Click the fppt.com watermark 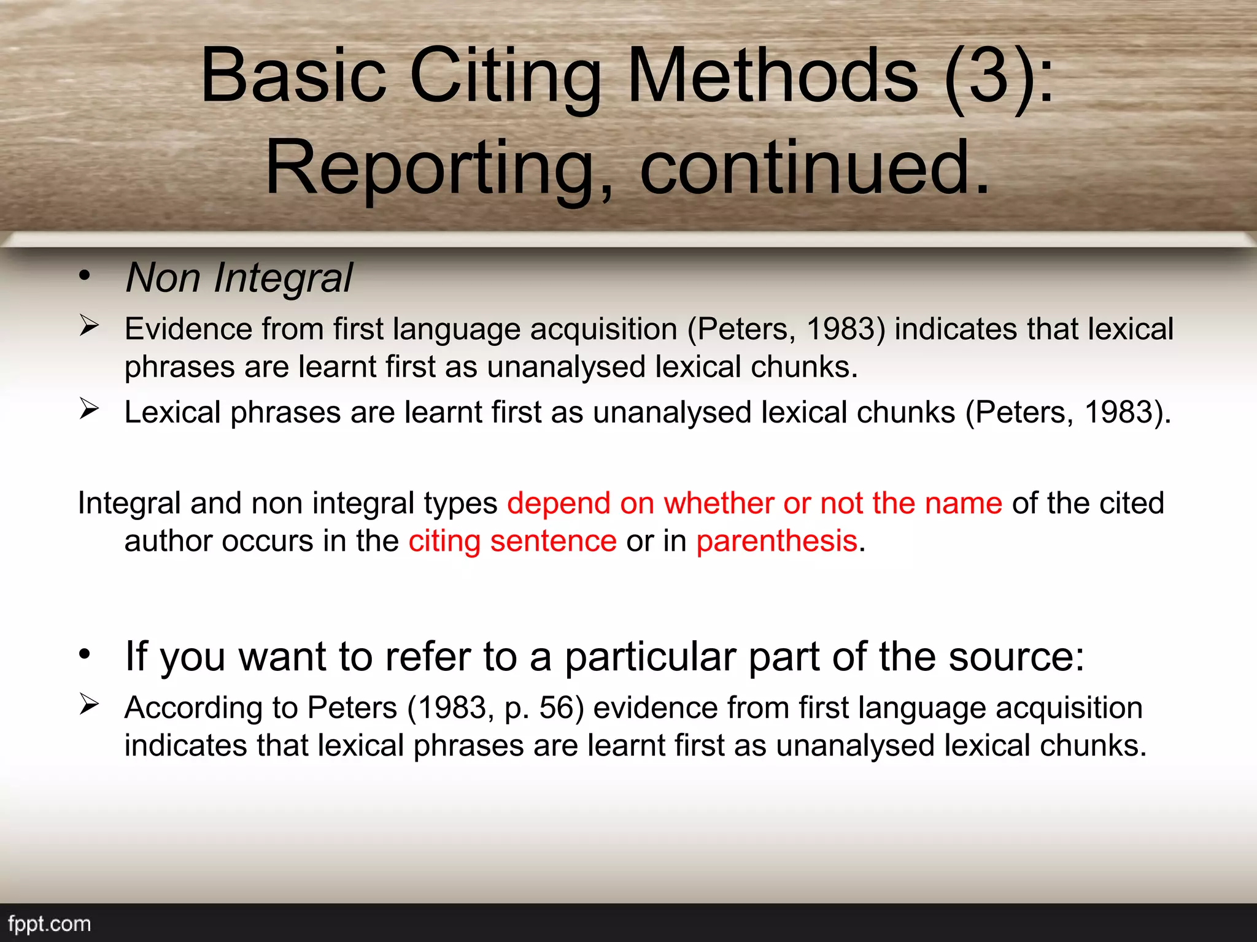pos(49,924)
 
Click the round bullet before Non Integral pos(85,275)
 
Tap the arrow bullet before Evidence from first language pos(89,325)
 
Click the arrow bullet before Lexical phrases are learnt pos(89,408)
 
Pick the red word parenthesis pos(776,542)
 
